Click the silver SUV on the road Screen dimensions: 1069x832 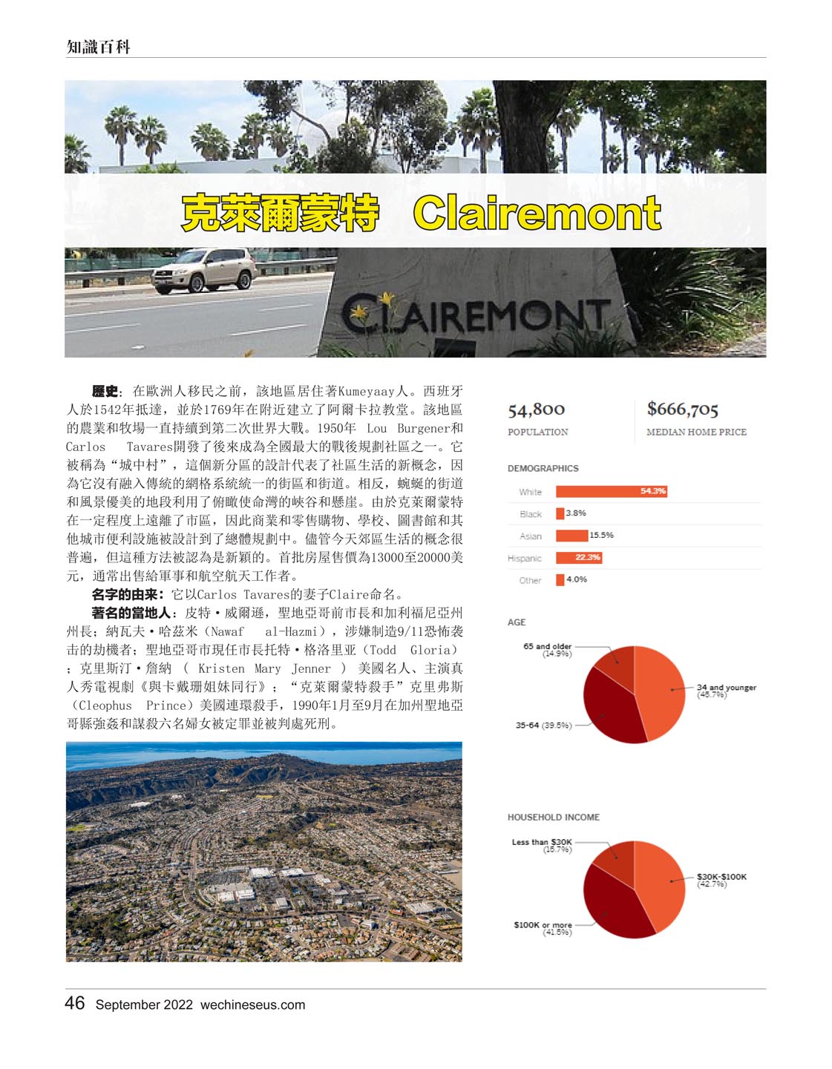click(203, 270)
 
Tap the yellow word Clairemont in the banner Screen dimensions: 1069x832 click(537, 214)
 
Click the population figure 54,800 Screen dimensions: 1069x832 click(536, 409)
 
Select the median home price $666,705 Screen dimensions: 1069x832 click(682, 409)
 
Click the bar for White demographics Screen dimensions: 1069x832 click(611, 491)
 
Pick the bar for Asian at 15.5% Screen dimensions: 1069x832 click(571, 536)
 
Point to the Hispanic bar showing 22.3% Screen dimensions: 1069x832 click(578, 558)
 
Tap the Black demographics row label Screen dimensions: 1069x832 click(530, 514)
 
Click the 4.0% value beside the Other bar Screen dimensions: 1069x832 click(577, 579)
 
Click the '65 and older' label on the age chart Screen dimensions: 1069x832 click(547, 649)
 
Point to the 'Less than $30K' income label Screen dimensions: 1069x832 click(542, 845)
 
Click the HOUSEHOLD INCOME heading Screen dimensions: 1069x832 click(553, 817)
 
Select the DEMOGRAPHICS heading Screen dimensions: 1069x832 click(543, 468)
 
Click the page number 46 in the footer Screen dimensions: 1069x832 click(75, 1004)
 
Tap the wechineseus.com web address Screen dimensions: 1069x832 click(252, 1005)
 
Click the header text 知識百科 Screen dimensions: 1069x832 click(99, 47)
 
